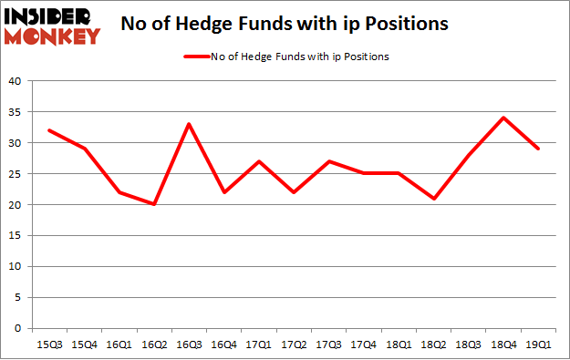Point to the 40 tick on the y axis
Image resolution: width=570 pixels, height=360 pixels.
pos(16,81)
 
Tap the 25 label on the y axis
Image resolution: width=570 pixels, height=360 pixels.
pos(16,174)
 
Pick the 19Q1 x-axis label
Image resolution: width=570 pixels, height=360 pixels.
pos(538,343)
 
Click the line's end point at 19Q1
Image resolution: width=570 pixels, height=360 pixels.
pos(538,149)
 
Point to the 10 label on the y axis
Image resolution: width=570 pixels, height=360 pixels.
pos(16,266)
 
